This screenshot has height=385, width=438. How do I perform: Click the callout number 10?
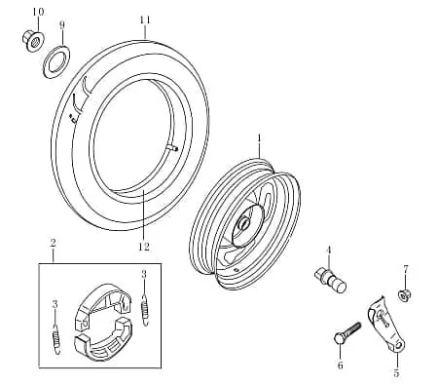(x=38, y=12)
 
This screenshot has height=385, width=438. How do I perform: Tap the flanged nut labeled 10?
(x=32, y=40)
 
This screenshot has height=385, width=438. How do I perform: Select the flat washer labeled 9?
(x=56, y=61)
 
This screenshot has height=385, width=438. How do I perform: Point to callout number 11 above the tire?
(x=145, y=20)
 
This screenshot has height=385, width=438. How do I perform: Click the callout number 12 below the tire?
(x=144, y=247)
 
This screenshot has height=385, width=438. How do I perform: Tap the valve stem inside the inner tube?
(x=173, y=148)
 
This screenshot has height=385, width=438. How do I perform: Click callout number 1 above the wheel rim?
(x=259, y=138)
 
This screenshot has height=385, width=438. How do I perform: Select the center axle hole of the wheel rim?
(x=243, y=223)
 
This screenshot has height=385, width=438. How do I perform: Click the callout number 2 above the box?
(x=53, y=243)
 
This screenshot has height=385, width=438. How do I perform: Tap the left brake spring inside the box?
(x=56, y=339)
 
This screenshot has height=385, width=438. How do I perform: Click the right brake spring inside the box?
(x=145, y=309)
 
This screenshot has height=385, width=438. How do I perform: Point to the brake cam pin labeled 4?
(x=330, y=279)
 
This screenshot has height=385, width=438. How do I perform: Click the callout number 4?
(x=329, y=250)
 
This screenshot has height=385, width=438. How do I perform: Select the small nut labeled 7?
(x=404, y=295)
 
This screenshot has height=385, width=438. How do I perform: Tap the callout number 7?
(x=406, y=269)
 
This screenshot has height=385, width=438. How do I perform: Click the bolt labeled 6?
(x=347, y=333)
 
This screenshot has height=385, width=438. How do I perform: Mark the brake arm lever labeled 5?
(x=386, y=325)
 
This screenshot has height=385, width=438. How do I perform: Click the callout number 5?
(x=396, y=372)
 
